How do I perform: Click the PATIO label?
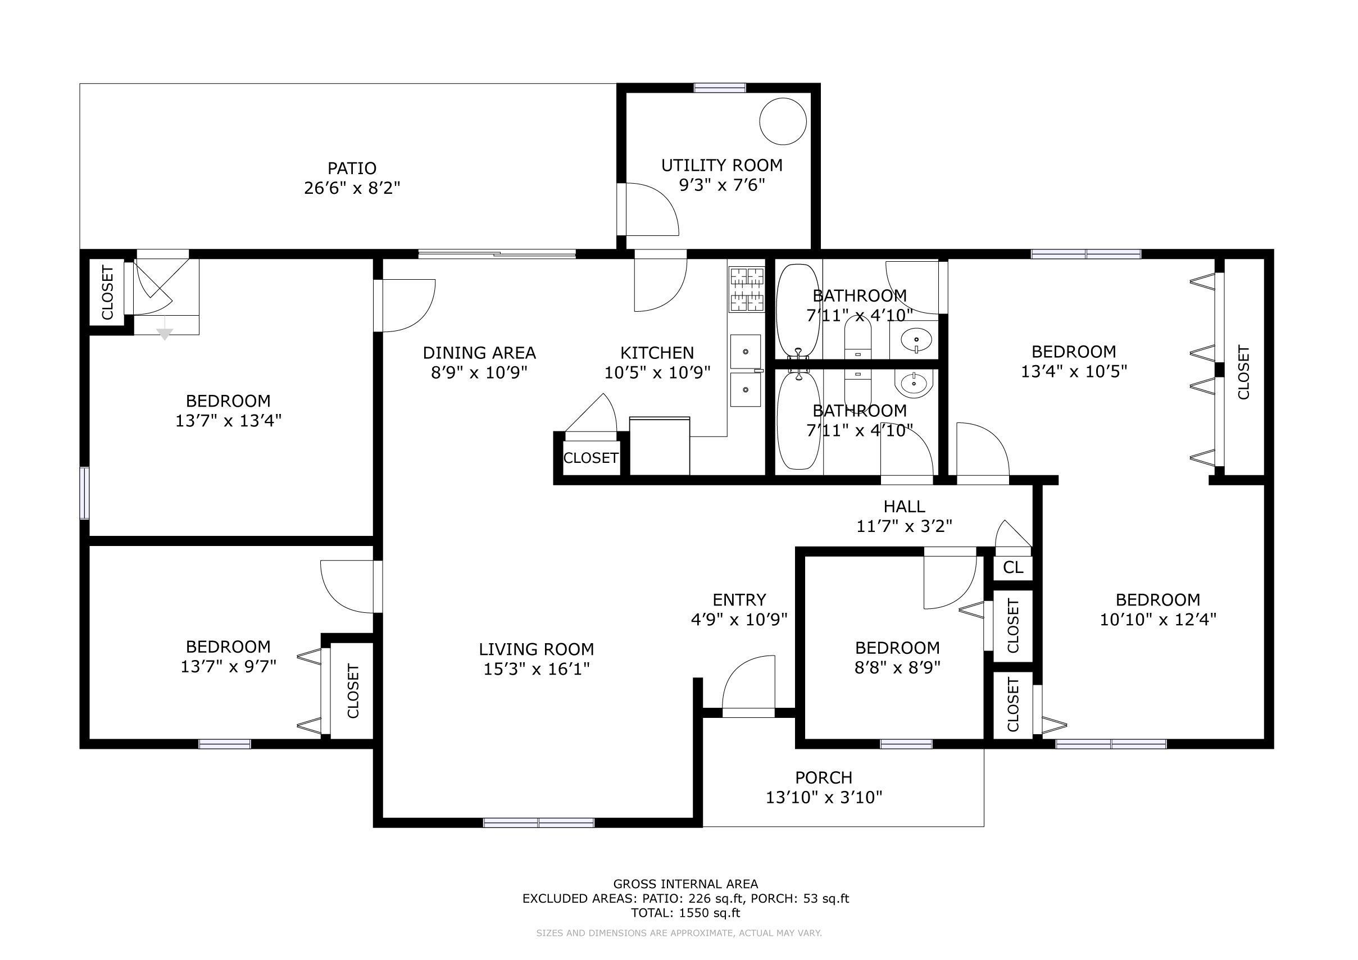pyautogui.click(x=352, y=169)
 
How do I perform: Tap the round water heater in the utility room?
pyautogui.click(x=783, y=121)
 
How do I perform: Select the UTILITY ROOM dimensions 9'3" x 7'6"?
pyautogui.click(x=721, y=185)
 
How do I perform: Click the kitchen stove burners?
pyautogui.click(x=747, y=289)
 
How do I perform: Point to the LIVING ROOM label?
pyautogui.click(x=537, y=649)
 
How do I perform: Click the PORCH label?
pyautogui.click(x=824, y=778)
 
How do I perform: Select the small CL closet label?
pyautogui.click(x=1013, y=567)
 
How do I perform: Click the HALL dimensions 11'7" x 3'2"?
pyautogui.click(x=905, y=526)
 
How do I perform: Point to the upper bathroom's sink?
pyautogui.click(x=916, y=339)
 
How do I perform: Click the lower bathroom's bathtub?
pyautogui.click(x=798, y=421)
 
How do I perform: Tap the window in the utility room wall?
pyautogui.click(x=720, y=88)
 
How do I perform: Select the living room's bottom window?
pyautogui.click(x=539, y=822)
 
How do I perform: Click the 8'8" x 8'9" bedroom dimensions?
pyautogui.click(x=897, y=668)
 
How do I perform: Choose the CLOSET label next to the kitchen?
pyautogui.click(x=591, y=458)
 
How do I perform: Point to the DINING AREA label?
pyautogui.click(x=479, y=353)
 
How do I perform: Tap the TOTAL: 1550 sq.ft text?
pyautogui.click(x=685, y=913)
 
